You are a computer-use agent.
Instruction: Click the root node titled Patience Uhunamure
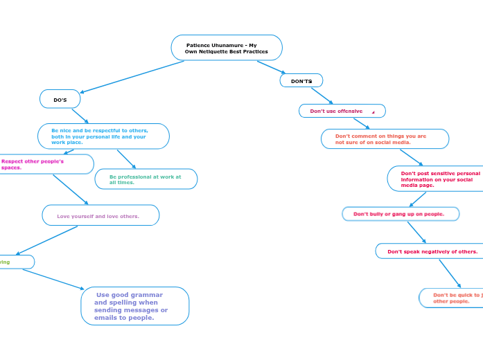pyautogui.click(x=227, y=48)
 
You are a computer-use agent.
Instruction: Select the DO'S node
pyautogui.click(x=60, y=100)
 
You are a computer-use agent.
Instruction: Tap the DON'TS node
pyautogui.click(x=301, y=81)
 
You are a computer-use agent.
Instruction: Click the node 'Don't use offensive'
pyautogui.click(x=342, y=111)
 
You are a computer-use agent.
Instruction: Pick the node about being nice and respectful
pyautogui.click(x=103, y=136)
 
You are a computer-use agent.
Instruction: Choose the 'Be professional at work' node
pyautogui.click(x=146, y=179)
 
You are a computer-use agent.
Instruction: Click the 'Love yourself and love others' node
pyautogui.click(x=100, y=215)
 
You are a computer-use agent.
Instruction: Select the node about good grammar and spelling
pyautogui.click(x=134, y=306)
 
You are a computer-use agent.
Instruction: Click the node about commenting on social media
pyautogui.click(x=385, y=139)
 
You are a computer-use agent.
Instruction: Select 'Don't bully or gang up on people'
pyautogui.click(x=401, y=214)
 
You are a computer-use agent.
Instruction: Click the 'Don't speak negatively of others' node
pyautogui.click(x=429, y=251)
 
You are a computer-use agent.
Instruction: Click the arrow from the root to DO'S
pyautogui.click(x=132, y=76)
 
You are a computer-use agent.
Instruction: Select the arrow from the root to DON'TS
pyautogui.click(x=271, y=67)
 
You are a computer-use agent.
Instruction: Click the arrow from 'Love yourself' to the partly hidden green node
pyautogui.click(x=47, y=240)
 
